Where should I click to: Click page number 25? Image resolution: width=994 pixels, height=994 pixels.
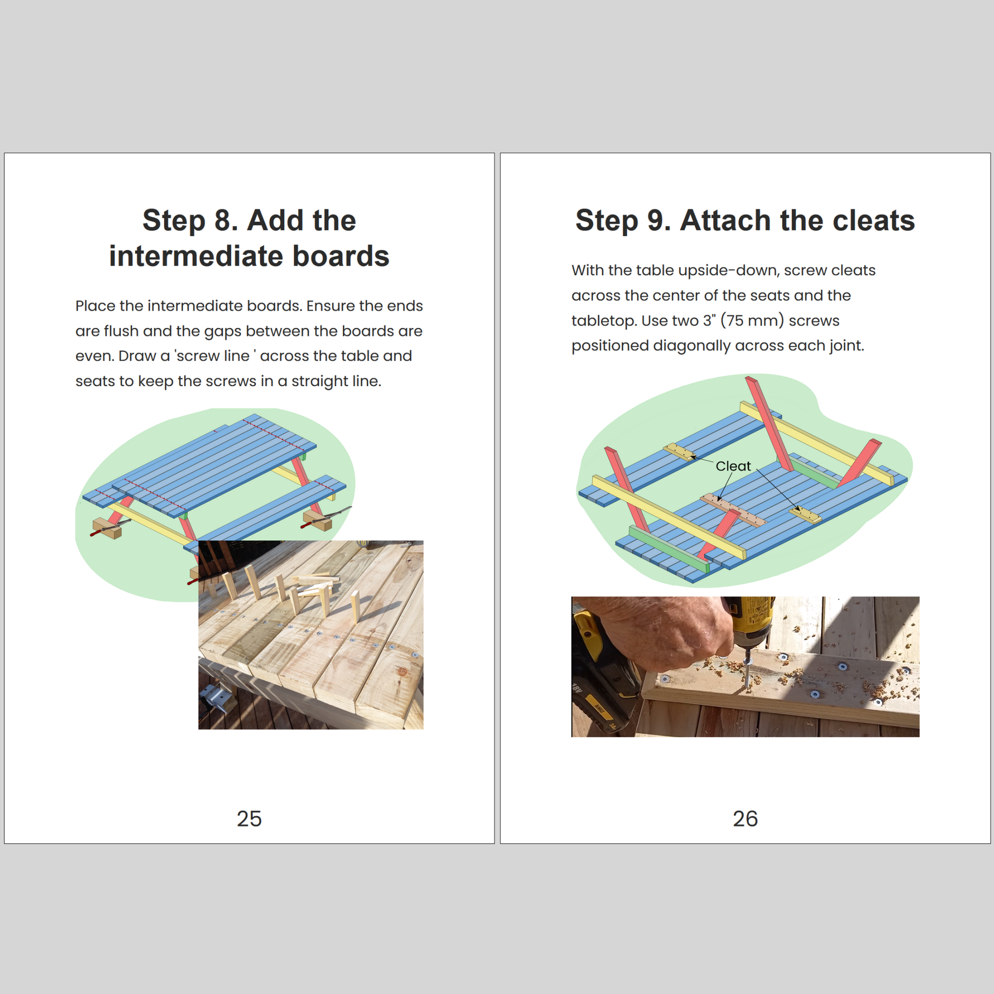tap(249, 819)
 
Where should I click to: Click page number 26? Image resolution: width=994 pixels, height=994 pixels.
tap(745, 819)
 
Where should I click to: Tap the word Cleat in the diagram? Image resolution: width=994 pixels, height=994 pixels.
tap(733, 466)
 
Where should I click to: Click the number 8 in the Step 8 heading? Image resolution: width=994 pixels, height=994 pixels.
tap(223, 220)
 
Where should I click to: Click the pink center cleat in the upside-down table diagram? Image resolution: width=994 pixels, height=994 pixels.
tap(733, 509)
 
